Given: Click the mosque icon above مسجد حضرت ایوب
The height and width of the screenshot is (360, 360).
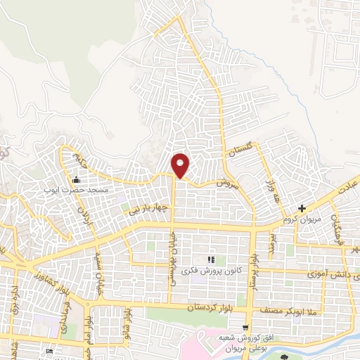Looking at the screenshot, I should tap(75, 179).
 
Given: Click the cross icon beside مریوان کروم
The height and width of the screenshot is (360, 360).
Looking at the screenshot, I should tap(302, 208).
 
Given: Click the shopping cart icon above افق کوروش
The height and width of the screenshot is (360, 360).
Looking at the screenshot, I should tap(245, 327).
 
